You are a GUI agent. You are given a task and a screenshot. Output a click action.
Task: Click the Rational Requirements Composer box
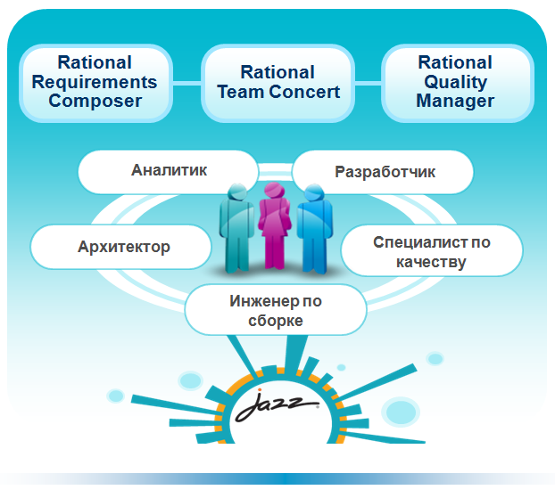point(96,84)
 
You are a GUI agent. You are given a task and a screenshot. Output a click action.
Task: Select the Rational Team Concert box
point(277,84)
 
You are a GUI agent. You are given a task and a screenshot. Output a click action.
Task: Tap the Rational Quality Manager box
point(458,84)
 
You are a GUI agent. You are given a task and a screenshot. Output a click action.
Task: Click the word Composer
point(95,101)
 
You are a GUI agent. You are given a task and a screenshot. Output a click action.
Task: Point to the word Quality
point(456,82)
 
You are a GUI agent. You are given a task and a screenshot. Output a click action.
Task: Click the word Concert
point(304,92)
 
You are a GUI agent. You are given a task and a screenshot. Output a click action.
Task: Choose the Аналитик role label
point(169,172)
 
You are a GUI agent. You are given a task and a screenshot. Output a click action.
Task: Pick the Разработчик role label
point(383,172)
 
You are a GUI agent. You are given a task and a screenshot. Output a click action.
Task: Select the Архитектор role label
point(121,247)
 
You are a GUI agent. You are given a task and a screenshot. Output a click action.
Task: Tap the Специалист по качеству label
point(432,250)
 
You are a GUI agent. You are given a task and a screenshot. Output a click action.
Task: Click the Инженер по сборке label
point(276,310)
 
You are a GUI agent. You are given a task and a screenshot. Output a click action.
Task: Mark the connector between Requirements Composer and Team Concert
point(186,84)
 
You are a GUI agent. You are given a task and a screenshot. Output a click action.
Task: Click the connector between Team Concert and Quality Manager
point(369,84)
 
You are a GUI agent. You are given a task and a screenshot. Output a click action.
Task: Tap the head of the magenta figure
point(274,191)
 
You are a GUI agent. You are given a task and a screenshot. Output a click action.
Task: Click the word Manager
point(455,101)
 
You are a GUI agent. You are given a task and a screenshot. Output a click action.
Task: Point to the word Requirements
point(95,82)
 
